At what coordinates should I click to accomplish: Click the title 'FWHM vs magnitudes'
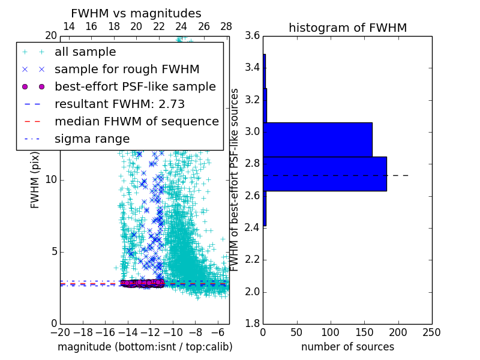[x=136, y=13]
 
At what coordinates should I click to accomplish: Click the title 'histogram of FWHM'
[x=347, y=28]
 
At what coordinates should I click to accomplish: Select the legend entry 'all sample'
[x=85, y=52]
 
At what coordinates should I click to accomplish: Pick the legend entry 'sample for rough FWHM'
[x=127, y=69]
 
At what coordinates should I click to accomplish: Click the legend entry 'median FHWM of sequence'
[x=136, y=121]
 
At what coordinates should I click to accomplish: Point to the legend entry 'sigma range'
[x=92, y=139]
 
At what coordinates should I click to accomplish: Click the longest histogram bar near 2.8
[x=325, y=173]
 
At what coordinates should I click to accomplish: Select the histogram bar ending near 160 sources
[x=317, y=139]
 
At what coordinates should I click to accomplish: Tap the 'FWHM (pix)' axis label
[x=35, y=180]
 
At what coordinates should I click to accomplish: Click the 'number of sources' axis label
[x=347, y=347]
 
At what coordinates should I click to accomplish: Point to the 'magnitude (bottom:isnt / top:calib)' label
[x=145, y=347]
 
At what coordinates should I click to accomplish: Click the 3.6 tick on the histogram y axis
[x=252, y=35]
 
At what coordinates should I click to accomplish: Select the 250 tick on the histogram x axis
[x=431, y=332]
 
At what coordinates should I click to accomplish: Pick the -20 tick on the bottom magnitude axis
[x=60, y=332]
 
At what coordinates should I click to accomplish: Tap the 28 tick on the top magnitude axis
[x=226, y=26]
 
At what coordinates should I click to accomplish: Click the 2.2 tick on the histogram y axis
[x=252, y=260]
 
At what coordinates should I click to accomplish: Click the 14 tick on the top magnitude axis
[x=69, y=26]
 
